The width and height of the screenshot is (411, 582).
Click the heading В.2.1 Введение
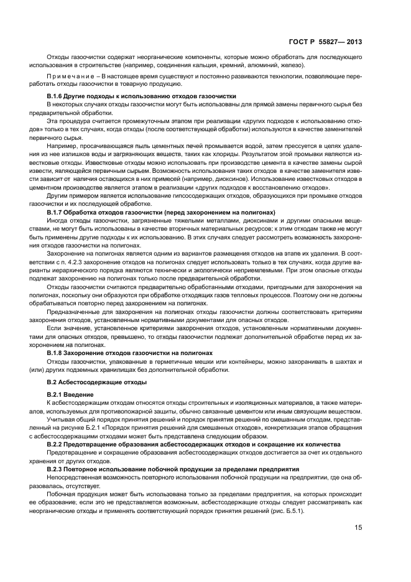[x=70, y=395]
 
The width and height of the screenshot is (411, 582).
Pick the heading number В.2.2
[x=57, y=445]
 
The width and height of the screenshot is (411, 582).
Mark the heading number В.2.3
[x=57, y=468]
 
